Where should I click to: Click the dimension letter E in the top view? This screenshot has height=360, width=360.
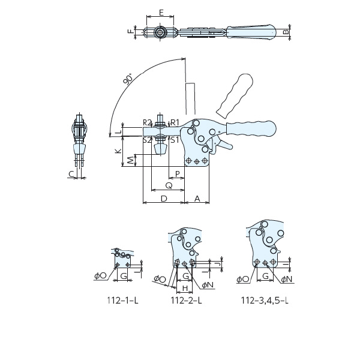[x=161, y=13]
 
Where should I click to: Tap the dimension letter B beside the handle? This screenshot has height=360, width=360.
[x=286, y=31]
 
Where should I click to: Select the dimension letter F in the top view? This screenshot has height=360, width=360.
[x=131, y=31]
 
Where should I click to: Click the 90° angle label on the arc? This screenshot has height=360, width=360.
[x=128, y=79]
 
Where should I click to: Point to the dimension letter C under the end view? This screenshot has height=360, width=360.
[x=71, y=174]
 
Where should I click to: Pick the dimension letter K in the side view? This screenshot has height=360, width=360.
[x=118, y=151]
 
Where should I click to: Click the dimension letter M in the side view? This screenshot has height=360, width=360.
[x=130, y=160]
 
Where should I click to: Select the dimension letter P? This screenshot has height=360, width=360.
[x=177, y=174]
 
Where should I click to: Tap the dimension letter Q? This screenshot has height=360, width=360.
[x=169, y=185]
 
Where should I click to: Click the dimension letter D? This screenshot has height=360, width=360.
[x=164, y=199]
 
